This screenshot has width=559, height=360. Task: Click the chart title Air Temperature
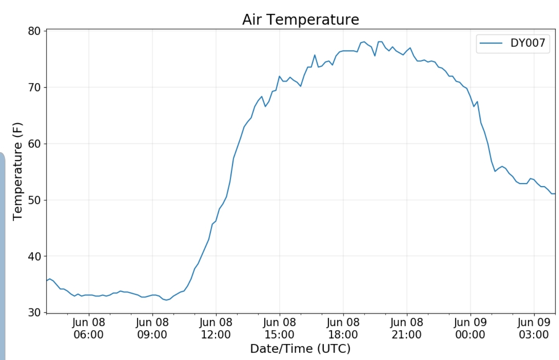coord(300,19)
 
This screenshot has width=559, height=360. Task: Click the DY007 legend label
coord(528,43)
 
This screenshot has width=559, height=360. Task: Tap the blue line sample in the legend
coord(491,43)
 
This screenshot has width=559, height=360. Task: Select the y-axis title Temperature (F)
coord(17,171)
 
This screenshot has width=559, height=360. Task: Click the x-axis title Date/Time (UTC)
coord(300,348)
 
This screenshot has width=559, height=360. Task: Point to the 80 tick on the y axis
coord(34,31)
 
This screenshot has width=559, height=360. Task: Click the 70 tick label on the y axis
coord(34,87)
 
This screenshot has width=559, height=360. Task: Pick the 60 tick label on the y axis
coord(34,144)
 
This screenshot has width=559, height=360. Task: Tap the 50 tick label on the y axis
coord(34,200)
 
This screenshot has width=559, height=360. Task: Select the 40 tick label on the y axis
coord(34,256)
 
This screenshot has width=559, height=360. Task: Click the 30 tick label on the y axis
coord(34,312)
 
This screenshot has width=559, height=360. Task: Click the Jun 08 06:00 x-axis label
coord(89,328)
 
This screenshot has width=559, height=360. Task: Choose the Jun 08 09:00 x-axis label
coord(152,328)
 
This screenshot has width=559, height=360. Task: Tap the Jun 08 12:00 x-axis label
coord(216,328)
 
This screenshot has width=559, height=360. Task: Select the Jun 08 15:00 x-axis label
coord(279,328)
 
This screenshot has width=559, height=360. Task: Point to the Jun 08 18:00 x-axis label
coord(343,328)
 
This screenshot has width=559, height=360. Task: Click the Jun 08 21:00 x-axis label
coord(406,328)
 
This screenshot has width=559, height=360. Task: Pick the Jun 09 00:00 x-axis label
coord(470,328)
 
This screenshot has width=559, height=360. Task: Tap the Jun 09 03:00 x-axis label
coord(534,328)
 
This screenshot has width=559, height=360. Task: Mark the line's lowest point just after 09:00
coord(166,300)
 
